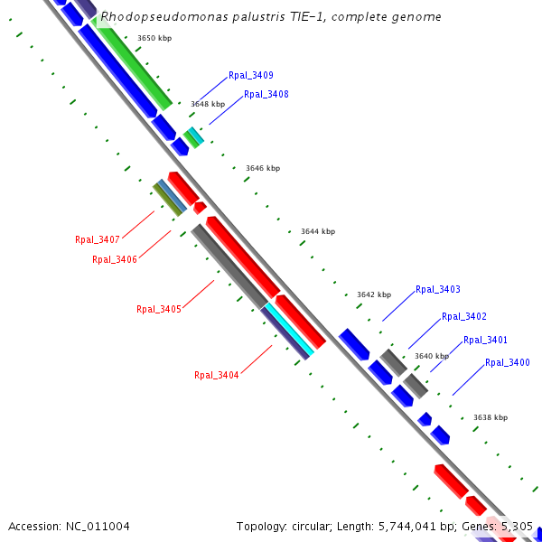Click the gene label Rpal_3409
click(251, 76)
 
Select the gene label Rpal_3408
click(266, 94)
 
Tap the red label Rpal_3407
click(98, 239)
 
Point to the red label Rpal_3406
click(115, 259)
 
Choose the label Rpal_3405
click(159, 309)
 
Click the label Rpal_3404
click(217, 375)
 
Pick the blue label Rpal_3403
click(438, 290)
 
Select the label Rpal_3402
click(464, 317)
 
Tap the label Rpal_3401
click(485, 341)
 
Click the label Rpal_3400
click(508, 363)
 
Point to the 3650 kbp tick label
click(154, 38)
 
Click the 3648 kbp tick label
click(208, 104)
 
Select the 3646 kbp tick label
click(263, 169)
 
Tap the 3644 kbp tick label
click(318, 232)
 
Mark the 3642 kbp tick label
click(374, 294)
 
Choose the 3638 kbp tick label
click(491, 417)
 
